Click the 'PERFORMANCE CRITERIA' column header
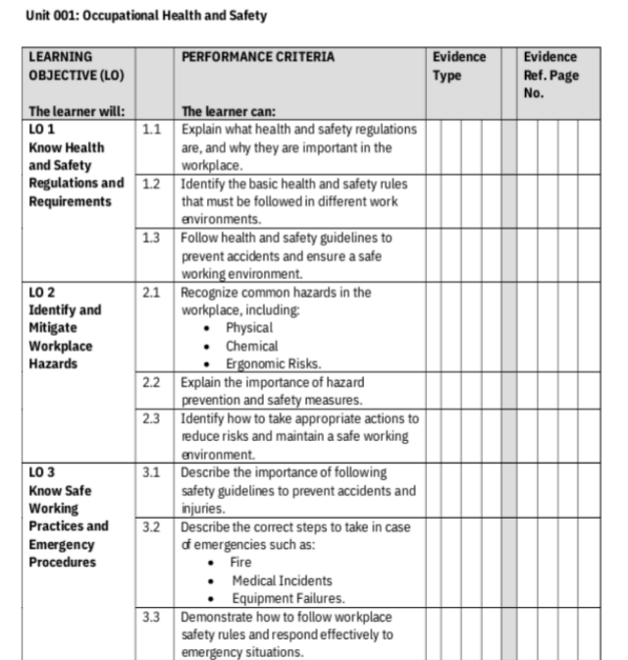coord(258,57)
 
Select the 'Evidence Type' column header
coord(458,66)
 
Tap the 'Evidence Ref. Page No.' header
coord(550,76)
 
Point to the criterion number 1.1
coord(150,130)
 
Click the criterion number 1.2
coord(150,184)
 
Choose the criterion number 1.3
coord(150,238)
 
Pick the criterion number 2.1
coord(150,292)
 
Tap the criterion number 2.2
coord(150,382)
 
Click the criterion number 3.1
coord(150,472)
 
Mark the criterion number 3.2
coord(150,526)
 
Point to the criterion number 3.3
coord(150,617)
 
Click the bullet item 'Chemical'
coord(251,346)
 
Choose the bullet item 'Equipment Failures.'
coord(285,598)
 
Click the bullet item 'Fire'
coord(240,562)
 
